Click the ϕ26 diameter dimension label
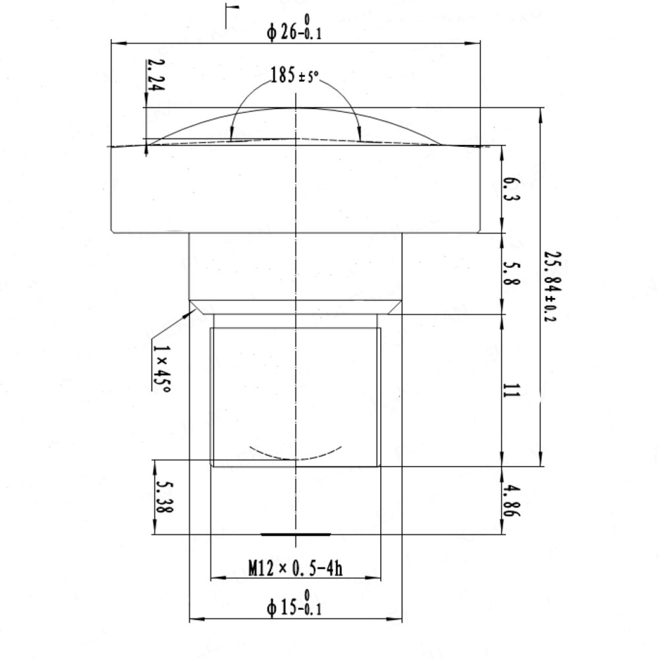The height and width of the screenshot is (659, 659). [294, 28]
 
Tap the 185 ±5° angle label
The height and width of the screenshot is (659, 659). [294, 75]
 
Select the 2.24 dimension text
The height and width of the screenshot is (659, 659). [156, 75]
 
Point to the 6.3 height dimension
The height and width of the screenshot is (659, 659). [511, 190]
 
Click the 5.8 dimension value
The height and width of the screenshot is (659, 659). [511, 273]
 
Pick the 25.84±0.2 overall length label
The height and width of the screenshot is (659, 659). [552, 287]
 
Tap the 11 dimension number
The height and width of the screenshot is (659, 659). [511, 390]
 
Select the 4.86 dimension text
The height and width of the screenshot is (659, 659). [511, 501]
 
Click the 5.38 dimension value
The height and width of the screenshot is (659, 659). [164, 497]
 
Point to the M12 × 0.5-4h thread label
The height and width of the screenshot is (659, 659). [295, 568]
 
